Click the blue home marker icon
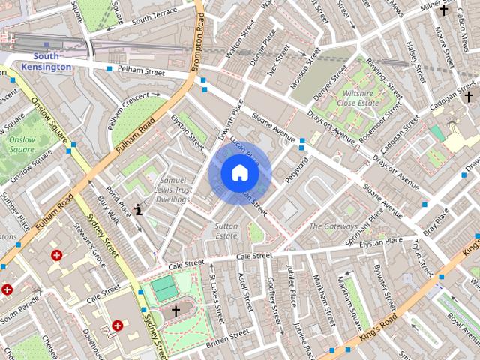click(238, 173)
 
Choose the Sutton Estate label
click(226, 230)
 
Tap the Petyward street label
click(297, 169)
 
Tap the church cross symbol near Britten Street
click(176, 309)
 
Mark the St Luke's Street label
click(218, 300)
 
